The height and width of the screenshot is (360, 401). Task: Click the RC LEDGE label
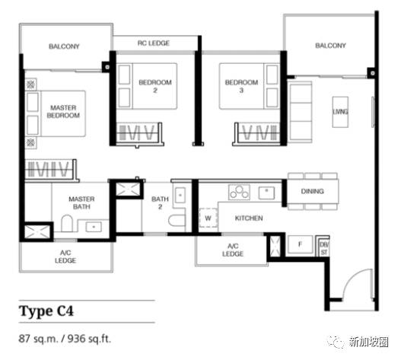point(154,43)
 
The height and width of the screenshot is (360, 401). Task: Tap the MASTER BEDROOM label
point(63,112)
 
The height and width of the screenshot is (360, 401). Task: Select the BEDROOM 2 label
point(155,86)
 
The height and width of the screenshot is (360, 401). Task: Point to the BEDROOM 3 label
point(241,86)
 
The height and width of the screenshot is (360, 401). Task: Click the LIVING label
point(340,112)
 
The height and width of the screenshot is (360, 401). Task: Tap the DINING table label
point(312,191)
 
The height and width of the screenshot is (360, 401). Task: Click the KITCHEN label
point(249,218)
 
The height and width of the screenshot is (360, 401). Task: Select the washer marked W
point(208,218)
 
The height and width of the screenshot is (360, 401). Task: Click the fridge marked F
point(301,244)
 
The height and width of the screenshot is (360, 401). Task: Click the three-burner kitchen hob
point(239,192)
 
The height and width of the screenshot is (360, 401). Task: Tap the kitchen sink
point(266,193)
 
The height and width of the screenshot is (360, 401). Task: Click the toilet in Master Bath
point(67,223)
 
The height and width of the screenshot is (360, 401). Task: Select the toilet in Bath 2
point(177,221)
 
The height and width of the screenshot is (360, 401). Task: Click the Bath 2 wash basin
point(180,196)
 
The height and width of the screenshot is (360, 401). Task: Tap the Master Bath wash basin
point(94,227)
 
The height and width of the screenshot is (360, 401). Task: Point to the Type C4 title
point(46,311)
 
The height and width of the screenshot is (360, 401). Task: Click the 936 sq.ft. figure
point(89,339)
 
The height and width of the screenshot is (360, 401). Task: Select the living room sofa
point(301,112)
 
